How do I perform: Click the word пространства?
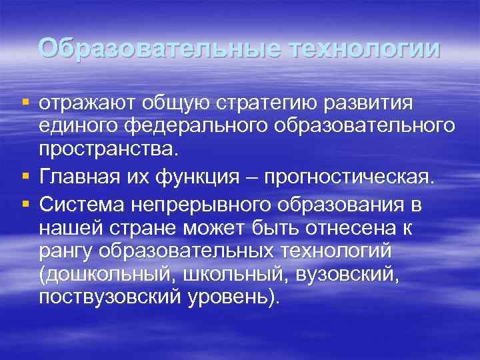pyautogui.click(x=107, y=149)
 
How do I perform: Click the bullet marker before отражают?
pyautogui.click(x=25, y=103)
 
